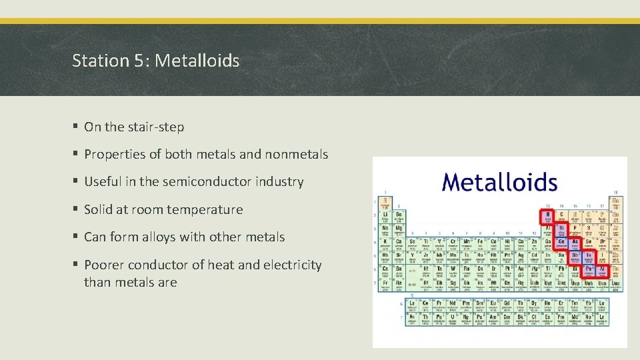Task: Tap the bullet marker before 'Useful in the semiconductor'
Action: (x=77, y=181)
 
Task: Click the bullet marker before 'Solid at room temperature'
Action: (x=77, y=209)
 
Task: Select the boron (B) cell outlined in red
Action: (x=547, y=216)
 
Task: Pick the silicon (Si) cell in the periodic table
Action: (x=561, y=229)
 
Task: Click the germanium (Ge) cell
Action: (x=561, y=242)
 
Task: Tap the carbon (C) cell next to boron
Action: (x=561, y=216)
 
